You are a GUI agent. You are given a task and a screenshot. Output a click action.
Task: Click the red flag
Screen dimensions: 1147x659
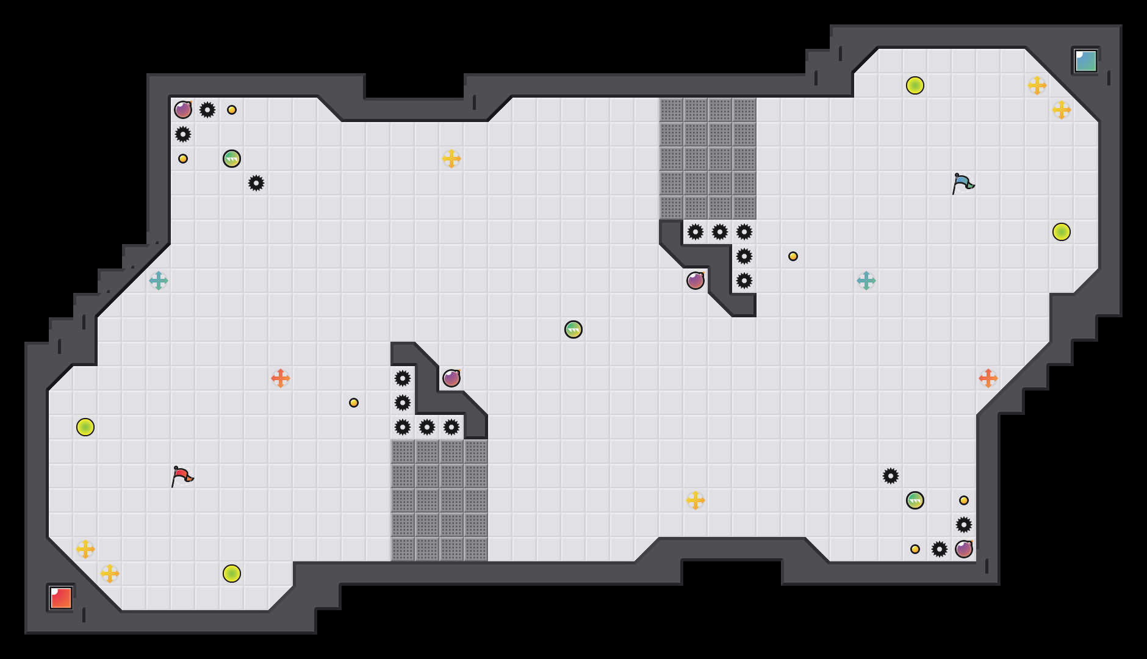click(x=181, y=476)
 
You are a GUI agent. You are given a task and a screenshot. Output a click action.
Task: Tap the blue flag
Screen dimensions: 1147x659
click(x=962, y=183)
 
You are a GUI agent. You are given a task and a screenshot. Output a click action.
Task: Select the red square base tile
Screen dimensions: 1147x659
click(x=61, y=598)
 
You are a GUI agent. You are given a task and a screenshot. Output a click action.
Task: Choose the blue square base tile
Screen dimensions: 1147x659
click(x=1086, y=61)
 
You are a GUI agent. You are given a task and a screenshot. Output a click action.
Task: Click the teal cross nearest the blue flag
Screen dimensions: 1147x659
click(x=866, y=281)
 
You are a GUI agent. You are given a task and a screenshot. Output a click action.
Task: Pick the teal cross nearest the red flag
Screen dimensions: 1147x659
click(x=159, y=281)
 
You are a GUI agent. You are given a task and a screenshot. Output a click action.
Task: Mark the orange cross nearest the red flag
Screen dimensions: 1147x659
click(x=281, y=378)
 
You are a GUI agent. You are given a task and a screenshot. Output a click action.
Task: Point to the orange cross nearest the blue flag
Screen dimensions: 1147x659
click(x=988, y=378)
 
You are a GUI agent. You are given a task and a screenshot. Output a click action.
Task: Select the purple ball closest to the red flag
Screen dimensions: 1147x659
click(x=451, y=378)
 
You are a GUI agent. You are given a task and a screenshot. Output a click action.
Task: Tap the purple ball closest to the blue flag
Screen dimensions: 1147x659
click(x=696, y=281)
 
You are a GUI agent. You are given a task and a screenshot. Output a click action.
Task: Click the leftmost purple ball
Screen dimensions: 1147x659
click(x=183, y=110)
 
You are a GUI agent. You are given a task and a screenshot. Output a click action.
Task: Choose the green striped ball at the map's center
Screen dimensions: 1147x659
click(x=573, y=329)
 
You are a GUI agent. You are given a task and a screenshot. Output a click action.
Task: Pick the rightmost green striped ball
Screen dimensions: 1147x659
click(x=915, y=500)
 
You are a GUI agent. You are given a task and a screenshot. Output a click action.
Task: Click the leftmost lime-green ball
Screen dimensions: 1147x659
click(x=85, y=427)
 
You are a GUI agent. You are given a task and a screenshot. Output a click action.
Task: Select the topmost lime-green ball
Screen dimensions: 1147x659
click(x=915, y=85)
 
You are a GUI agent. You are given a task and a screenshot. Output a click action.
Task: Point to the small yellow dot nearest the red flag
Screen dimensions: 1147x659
click(x=354, y=403)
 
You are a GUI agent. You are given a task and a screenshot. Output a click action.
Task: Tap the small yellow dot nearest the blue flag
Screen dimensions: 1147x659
click(x=793, y=256)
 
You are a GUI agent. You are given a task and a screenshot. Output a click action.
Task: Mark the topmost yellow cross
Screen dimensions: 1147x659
click(x=1037, y=85)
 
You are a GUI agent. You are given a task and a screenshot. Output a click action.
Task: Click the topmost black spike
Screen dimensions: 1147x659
click(x=207, y=110)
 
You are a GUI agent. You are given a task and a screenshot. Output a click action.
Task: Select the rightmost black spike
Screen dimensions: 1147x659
click(x=964, y=525)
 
